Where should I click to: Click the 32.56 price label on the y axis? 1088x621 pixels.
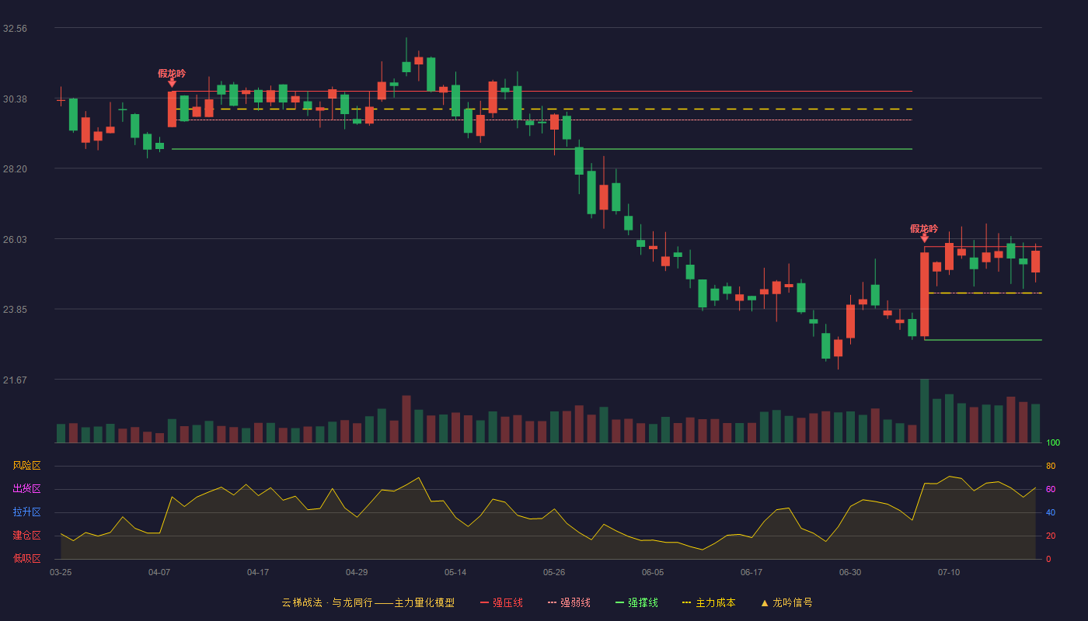[15, 29]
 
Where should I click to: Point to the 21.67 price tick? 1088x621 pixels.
[15, 380]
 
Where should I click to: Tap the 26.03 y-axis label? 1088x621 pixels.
[15, 240]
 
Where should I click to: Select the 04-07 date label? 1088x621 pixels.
[159, 573]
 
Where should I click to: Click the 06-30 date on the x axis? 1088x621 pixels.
[850, 573]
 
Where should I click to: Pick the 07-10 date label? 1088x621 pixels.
[949, 573]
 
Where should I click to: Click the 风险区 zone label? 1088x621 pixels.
[26, 466]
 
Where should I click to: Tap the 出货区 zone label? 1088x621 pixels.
[26, 488]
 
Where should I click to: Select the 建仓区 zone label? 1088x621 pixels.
[26, 535]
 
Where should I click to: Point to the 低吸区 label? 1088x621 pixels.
[26, 558]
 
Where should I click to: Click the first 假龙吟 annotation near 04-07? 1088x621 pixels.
[172, 73]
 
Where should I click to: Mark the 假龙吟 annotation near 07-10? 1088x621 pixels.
[924, 228]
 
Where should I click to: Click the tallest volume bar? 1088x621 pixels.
[924, 411]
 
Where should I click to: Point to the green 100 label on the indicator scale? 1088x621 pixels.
[1053, 442]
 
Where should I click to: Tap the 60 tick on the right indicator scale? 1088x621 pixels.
[1051, 489]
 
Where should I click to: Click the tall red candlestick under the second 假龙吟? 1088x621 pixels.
[924, 294]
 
